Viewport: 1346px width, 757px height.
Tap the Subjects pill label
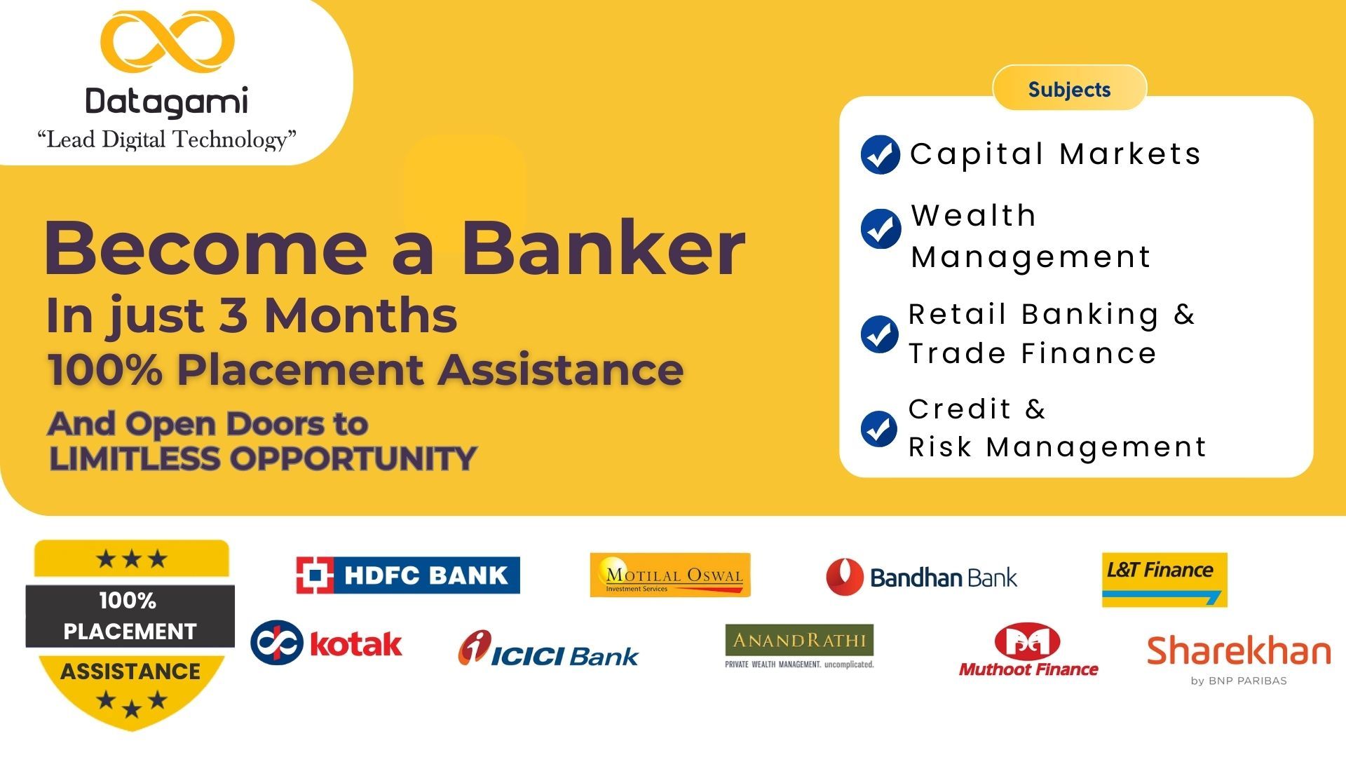[1069, 89]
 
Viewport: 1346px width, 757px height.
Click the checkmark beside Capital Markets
[880, 154]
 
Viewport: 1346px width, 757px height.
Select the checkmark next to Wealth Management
[881, 229]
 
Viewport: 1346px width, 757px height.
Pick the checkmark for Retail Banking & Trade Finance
[879, 334]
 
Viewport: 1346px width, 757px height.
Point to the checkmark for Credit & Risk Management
[879, 428]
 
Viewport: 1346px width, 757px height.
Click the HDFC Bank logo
[408, 575]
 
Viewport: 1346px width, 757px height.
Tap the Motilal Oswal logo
[670, 575]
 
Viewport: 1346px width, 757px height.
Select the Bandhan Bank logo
[921, 578]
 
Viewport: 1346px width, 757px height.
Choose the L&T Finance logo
[1164, 580]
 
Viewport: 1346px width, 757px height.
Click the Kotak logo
[327, 642]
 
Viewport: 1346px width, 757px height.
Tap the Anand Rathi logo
[799, 646]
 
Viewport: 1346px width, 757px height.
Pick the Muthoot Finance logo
[1028, 650]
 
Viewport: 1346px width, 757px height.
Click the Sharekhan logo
[1239, 660]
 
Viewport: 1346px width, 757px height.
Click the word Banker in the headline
[603, 248]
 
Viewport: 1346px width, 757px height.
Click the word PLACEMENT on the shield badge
[130, 632]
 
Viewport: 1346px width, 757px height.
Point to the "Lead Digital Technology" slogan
[167, 139]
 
